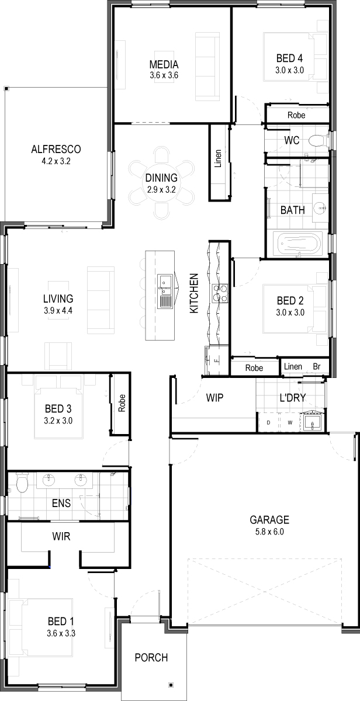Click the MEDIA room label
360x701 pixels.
(x=164, y=64)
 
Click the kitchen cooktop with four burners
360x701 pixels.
(x=220, y=293)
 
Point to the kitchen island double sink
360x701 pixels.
(x=165, y=291)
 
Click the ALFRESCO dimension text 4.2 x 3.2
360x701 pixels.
(x=56, y=161)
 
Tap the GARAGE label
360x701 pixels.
(x=269, y=520)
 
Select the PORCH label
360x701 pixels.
(x=151, y=658)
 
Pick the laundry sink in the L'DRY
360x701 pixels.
(x=312, y=421)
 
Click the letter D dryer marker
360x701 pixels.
(x=268, y=422)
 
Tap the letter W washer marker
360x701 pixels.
(x=290, y=422)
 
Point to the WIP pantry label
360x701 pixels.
(x=214, y=398)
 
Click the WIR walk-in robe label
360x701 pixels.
(x=61, y=536)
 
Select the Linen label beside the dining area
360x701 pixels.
(x=218, y=158)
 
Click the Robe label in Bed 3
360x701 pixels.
(x=122, y=402)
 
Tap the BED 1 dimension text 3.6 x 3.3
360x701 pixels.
(x=61, y=633)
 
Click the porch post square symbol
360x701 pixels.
(x=171, y=685)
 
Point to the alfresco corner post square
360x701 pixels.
(x=7, y=89)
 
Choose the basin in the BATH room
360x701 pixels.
(x=320, y=207)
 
